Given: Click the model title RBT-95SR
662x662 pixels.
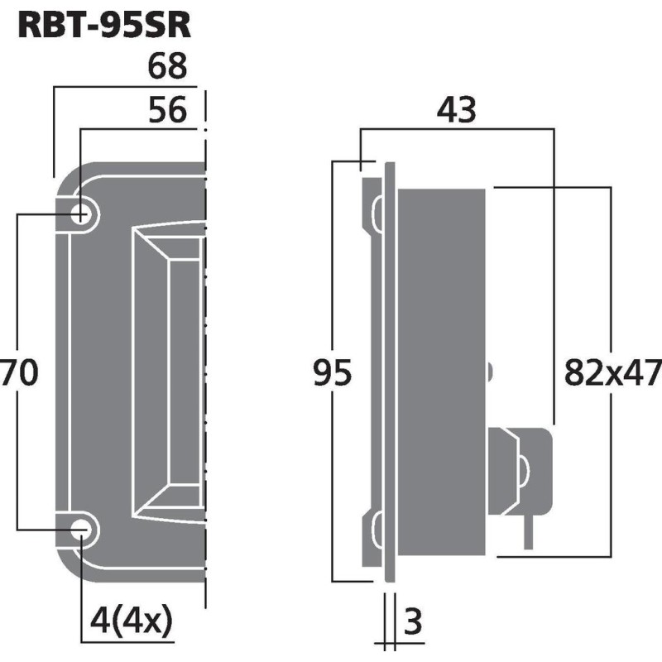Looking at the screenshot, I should pyautogui.click(x=104, y=25).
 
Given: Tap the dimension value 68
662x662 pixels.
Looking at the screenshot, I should pyautogui.click(x=168, y=67).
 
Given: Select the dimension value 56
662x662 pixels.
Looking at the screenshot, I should pyautogui.click(x=168, y=109).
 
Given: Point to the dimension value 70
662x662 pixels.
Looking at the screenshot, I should pyautogui.click(x=18, y=373).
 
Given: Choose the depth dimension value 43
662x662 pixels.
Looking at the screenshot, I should pyautogui.click(x=457, y=110).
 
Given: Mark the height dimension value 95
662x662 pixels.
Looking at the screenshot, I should pyautogui.click(x=333, y=374).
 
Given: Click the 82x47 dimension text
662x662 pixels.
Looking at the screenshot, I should pyautogui.click(x=612, y=374).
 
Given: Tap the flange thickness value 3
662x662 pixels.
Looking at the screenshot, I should pyautogui.click(x=413, y=620).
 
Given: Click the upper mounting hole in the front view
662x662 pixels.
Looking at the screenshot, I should pyautogui.click(x=82, y=214).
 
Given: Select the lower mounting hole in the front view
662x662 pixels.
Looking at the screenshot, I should pyautogui.click(x=82, y=531).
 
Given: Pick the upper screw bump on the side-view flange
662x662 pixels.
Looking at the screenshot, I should pyautogui.click(x=377, y=214).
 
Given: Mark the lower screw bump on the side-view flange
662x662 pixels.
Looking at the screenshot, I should pyautogui.click(x=377, y=530).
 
